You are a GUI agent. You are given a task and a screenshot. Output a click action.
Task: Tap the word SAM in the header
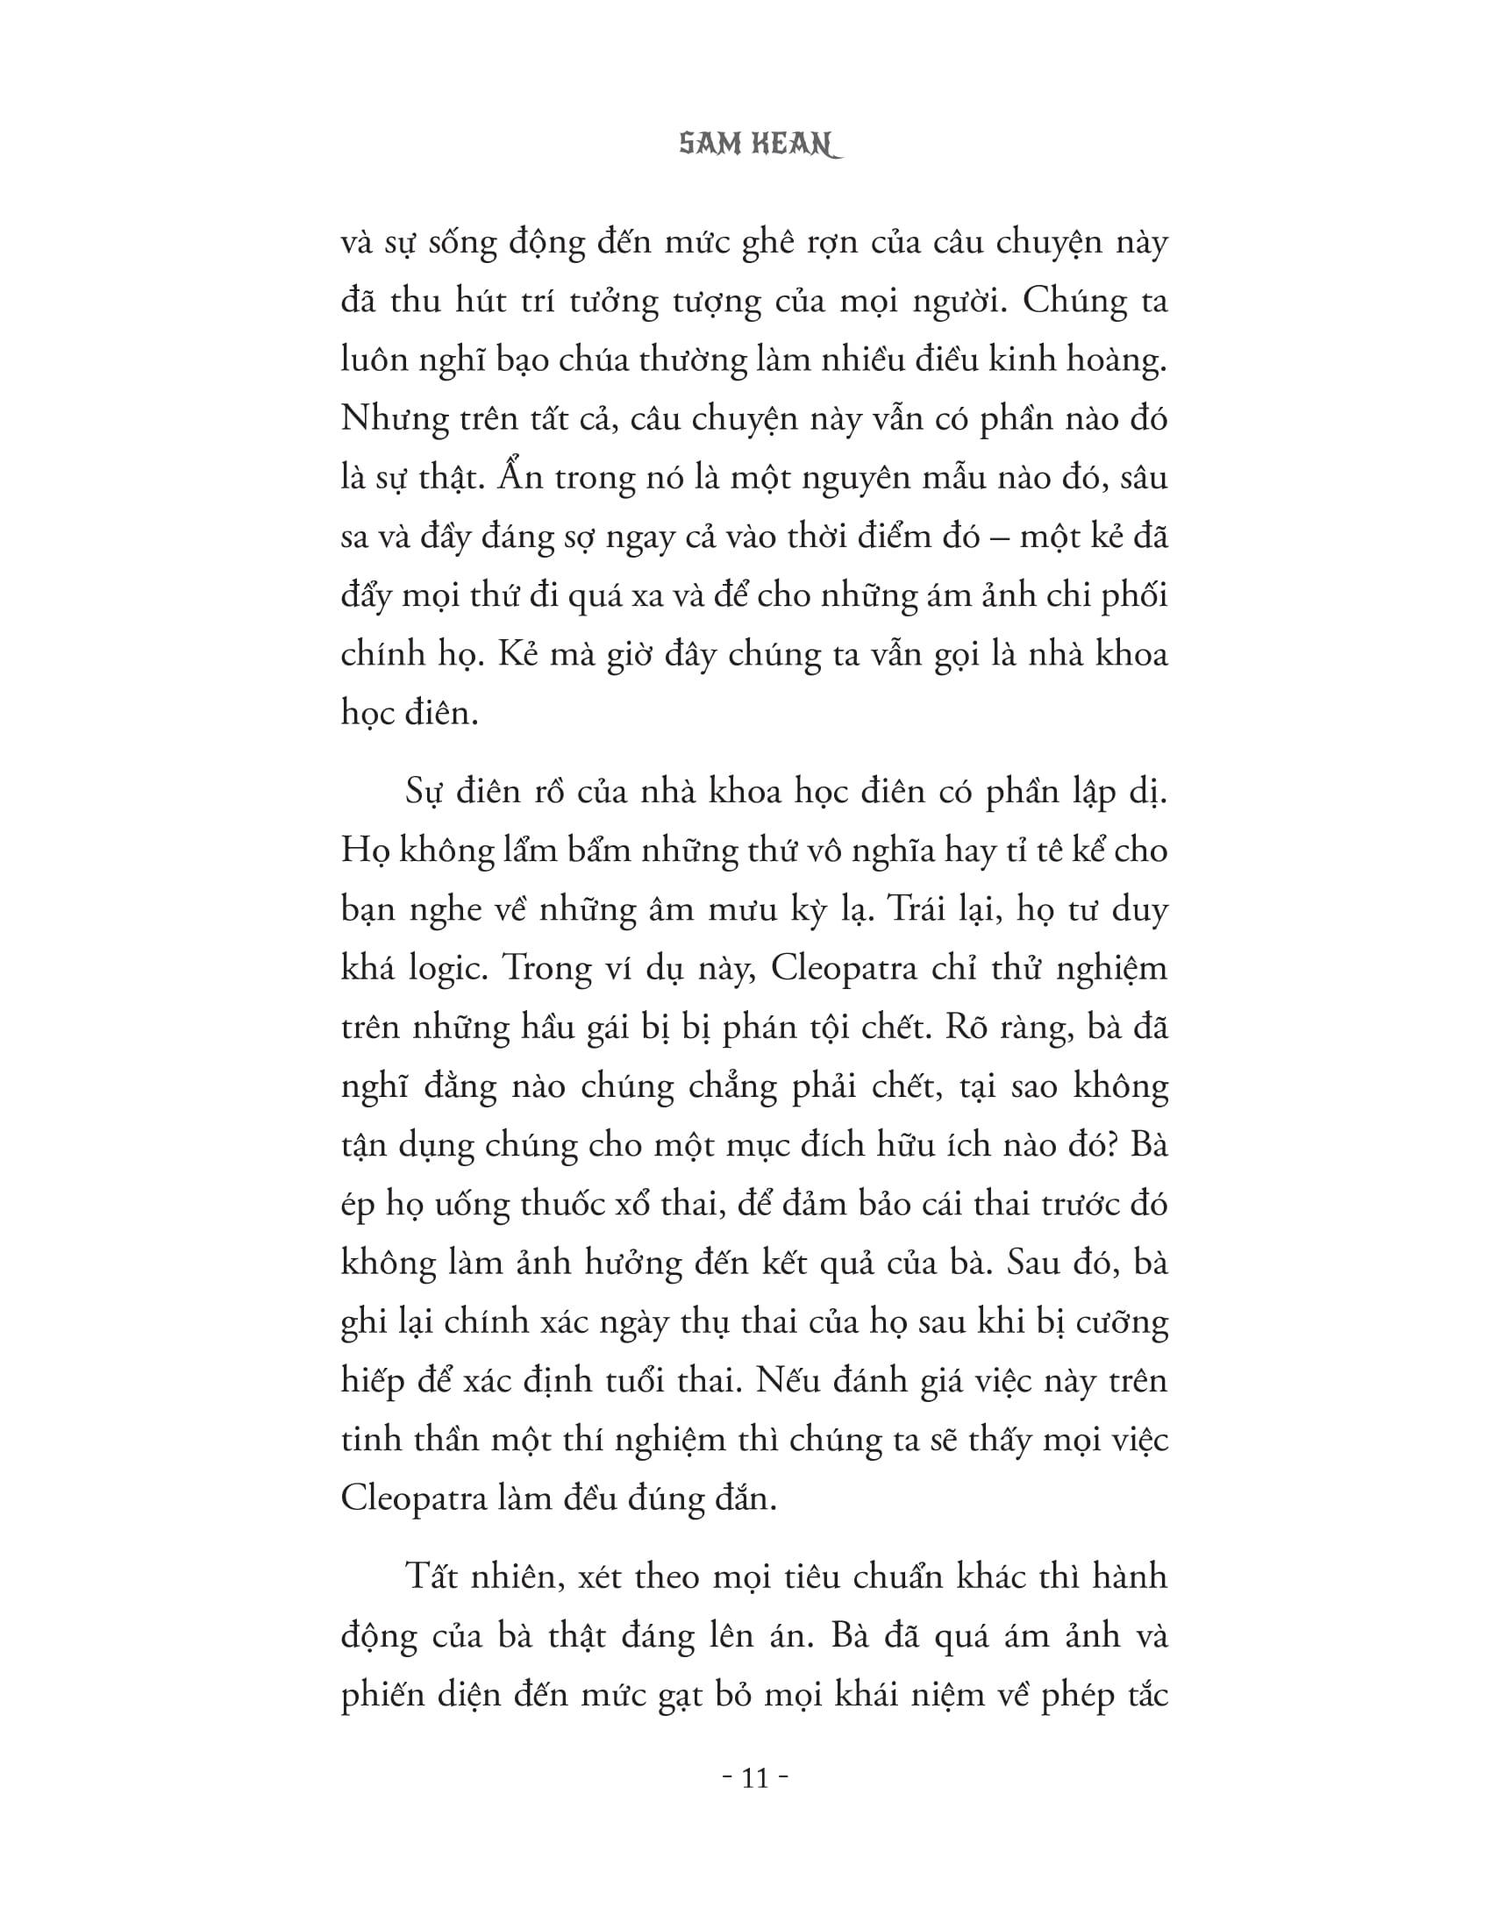tap(709, 146)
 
